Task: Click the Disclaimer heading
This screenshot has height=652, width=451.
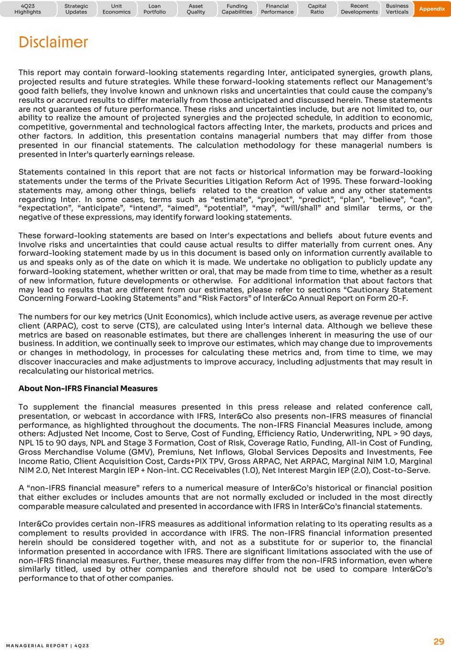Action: tap(53, 43)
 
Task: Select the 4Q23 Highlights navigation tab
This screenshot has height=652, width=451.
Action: tap(28, 9)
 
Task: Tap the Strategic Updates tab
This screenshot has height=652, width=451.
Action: tap(76, 9)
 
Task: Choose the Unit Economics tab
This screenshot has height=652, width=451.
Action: tap(116, 9)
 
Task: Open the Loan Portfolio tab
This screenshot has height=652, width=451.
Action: tap(155, 9)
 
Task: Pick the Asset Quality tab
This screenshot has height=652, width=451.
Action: tap(196, 9)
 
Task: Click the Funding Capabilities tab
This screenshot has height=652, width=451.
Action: tap(237, 9)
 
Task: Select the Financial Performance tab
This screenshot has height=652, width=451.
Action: tap(277, 9)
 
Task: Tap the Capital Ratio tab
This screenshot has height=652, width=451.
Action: tap(317, 9)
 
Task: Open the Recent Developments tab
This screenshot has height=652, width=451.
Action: tap(359, 9)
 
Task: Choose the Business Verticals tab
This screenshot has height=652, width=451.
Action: tap(397, 9)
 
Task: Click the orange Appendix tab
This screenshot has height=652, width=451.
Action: tap(432, 9)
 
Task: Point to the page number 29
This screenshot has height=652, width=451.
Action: tap(439, 641)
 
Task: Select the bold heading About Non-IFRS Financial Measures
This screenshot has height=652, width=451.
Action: tap(88, 388)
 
